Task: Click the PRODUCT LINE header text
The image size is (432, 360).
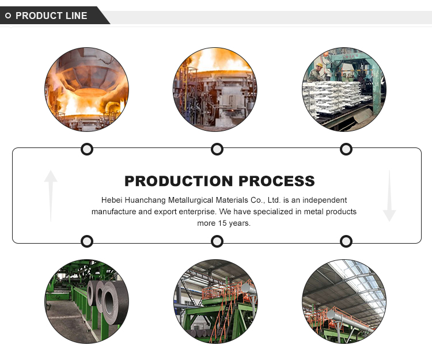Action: (51, 16)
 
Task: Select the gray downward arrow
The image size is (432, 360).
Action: (389, 196)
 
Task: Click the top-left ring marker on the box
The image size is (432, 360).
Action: (86, 150)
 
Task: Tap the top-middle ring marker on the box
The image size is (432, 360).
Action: (217, 150)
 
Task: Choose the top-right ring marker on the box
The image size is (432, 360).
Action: (346, 150)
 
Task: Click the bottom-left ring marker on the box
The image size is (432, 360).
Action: (86, 241)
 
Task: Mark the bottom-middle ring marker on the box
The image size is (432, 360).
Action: (217, 241)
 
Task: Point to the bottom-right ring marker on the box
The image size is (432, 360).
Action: (346, 241)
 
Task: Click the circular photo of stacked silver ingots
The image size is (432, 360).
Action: (344, 89)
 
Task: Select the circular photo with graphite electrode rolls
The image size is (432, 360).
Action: (86, 301)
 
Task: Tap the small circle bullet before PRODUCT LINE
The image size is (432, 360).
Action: (7, 16)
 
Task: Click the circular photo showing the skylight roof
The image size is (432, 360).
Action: (344, 301)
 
